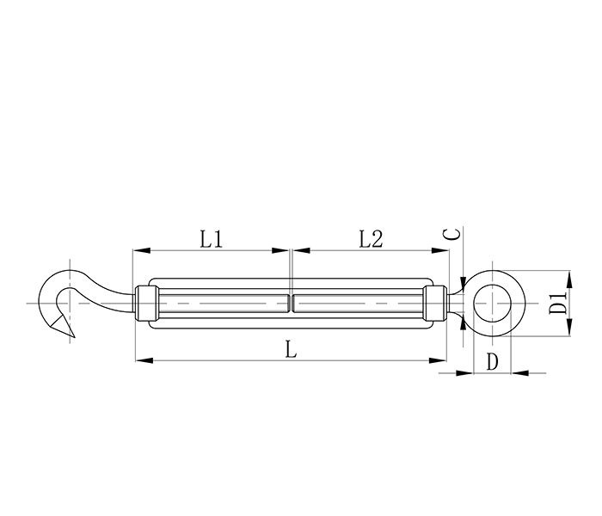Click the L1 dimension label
pos(212,239)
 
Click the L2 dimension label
pos(371,239)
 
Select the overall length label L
pos(291,350)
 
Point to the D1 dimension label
pos(557,303)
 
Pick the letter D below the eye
pos(492,361)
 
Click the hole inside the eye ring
pos(493,304)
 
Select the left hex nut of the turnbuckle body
pos(147,304)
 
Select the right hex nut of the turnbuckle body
pos(435,304)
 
